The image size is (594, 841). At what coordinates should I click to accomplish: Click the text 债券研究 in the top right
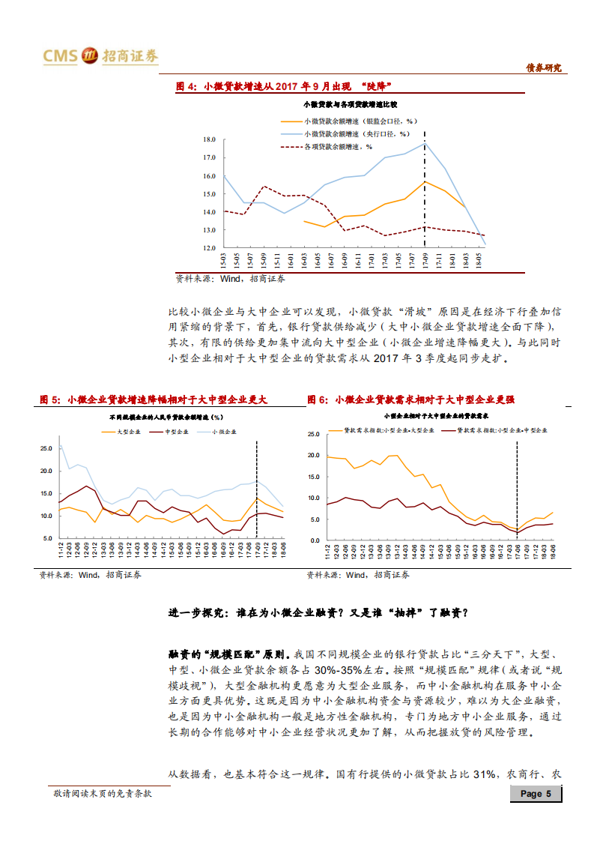coord(543,68)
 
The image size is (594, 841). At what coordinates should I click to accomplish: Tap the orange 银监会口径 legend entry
coord(349,121)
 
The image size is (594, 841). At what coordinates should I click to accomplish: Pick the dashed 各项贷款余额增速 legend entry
coord(337,146)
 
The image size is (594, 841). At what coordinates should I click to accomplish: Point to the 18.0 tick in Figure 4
coord(209,140)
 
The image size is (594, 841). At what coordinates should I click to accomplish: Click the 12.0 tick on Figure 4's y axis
coord(209,247)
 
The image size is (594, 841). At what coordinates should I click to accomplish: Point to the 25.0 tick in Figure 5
coord(46,448)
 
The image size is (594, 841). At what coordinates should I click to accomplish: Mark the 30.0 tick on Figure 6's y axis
coord(314,434)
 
